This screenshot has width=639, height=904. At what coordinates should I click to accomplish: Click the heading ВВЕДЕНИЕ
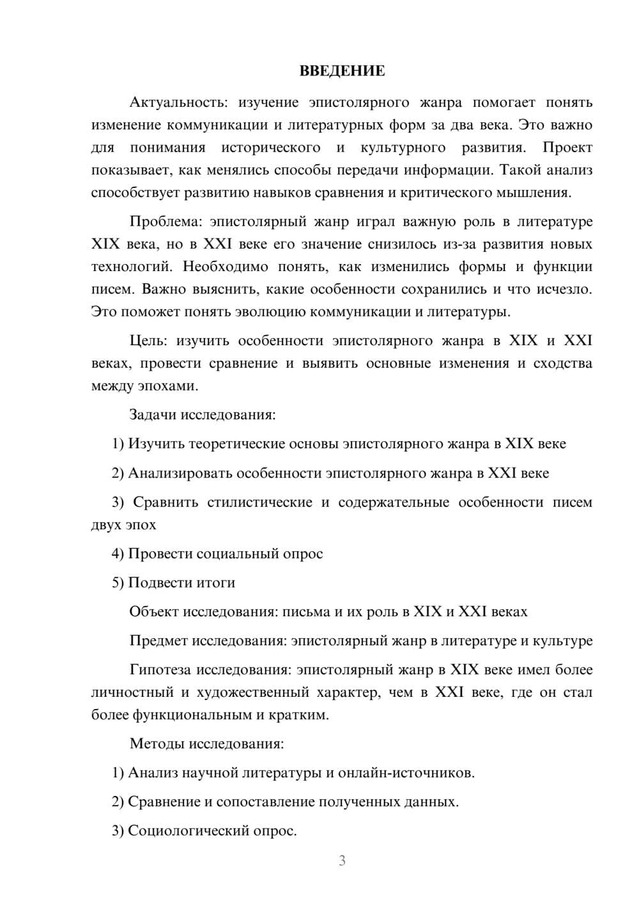pyautogui.click(x=342, y=71)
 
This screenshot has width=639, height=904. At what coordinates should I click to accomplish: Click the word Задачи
pyautogui.click(x=153, y=415)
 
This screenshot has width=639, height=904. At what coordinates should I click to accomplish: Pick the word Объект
pyautogui.click(x=154, y=612)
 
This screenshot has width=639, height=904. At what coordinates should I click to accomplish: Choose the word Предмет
pyautogui.click(x=158, y=641)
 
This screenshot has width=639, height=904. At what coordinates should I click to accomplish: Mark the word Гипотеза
pyautogui.click(x=160, y=670)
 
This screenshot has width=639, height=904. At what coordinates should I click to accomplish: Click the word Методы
pyautogui.click(x=153, y=744)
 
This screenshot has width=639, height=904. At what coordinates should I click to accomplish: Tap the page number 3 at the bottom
pyautogui.click(x=342, y=861)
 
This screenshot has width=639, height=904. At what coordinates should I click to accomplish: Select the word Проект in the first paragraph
pyautogui.click(x=567, y=148)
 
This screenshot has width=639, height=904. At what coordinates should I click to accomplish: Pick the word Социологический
pyautogui.click(x=186, y=831)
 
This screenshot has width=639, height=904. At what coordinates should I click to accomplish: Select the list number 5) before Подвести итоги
pyautogui.click(x=118, y=583)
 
